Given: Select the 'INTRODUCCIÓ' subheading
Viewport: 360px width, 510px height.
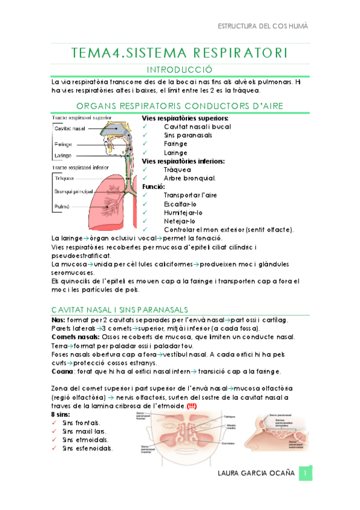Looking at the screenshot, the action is (x=180, y=70).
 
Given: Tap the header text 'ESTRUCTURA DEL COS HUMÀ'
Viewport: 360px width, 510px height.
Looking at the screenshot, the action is (x=262, y=27).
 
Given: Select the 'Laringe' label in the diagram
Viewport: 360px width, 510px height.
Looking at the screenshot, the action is (x=63, y=155).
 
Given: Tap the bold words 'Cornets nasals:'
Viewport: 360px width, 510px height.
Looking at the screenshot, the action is (x=72, y=338).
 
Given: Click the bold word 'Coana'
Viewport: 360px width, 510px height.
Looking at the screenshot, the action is (x=62, y=372).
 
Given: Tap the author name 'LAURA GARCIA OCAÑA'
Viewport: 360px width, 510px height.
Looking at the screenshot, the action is (x=257, y=473).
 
